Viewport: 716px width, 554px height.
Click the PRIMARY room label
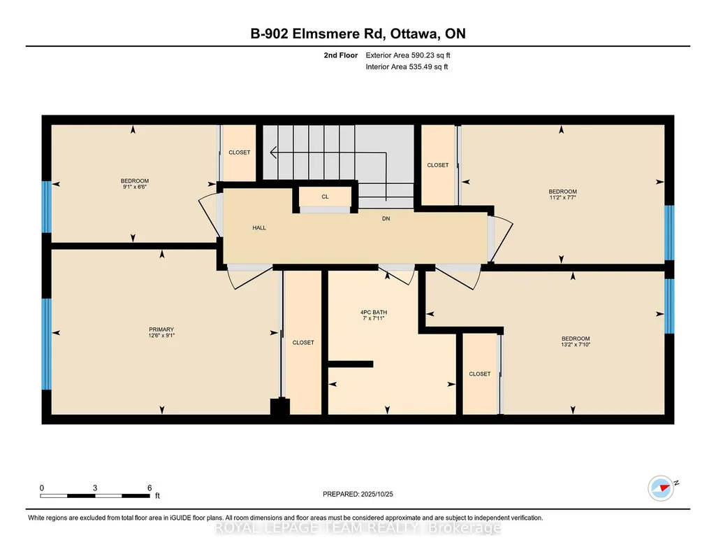coord(161,329)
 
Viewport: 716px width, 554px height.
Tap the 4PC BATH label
coord(374,312)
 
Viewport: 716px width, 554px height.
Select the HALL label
coord(259,227)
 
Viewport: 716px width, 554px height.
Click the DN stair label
coord(386,218)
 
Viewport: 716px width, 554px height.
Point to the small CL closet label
coord(325,197)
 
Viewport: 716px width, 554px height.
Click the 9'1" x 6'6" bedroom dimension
coord(135,187)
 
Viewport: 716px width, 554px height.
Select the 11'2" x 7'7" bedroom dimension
coord(562,197)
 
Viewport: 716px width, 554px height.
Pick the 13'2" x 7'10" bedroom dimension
coord(576,345)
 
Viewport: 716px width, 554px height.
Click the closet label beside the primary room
coord(303,342)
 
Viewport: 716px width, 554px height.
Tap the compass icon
coord(661,488)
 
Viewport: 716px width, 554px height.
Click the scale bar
coord(95,496)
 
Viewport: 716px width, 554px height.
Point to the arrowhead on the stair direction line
coord(273,152)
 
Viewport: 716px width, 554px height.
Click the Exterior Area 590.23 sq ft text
coord(408,55)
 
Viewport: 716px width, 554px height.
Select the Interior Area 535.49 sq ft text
coord(407,66)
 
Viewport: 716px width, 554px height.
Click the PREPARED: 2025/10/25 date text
coord(358,494)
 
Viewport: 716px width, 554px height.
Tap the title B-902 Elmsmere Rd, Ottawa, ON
coord(358,34)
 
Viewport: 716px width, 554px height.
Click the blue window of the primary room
coord(47,344)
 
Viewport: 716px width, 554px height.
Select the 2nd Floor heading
coord(341,55)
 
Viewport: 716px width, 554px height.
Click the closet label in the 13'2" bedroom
coord(479,374)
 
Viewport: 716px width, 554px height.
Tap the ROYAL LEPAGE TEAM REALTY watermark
coord(358,528)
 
